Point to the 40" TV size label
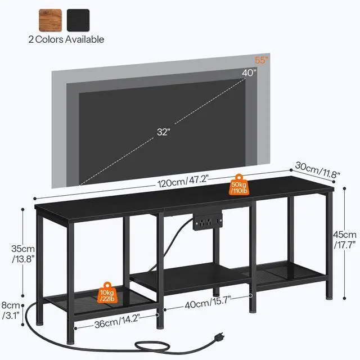pos(250,72)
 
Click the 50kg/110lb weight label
pos(238,188)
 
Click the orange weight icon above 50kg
pos(238,177)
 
